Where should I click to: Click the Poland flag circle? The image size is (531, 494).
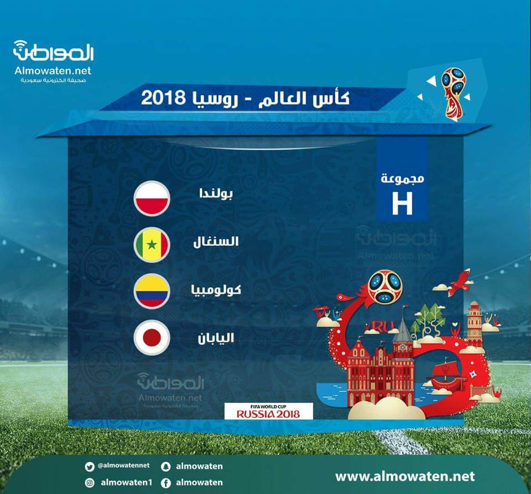tap(152, 199)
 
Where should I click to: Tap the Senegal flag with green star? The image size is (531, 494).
tap(152, 245)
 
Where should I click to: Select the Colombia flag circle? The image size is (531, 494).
tap(152, 291)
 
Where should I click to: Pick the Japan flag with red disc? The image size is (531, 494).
tap(152, 337)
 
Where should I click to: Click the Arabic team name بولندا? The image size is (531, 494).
tap(216, 193)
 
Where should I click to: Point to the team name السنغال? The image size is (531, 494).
tap(216, 241)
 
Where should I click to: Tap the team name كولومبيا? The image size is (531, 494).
tap(216, 290)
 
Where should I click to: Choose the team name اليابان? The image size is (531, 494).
tap(216, 337)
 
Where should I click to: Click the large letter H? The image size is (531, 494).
tap(402, 203)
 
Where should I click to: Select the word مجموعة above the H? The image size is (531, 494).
tap(402, 178)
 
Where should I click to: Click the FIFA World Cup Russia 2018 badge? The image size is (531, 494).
tap(269, 411)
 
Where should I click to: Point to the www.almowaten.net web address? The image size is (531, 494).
tap(405, 476)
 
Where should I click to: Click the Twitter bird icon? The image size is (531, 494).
tap(90, 467)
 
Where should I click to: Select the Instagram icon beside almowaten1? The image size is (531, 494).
tap(90, 483)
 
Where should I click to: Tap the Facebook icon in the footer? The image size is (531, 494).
tap(165, 483)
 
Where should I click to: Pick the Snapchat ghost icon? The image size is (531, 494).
tap(165, 466)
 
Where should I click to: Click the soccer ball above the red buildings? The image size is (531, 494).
tap(385, 287)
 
